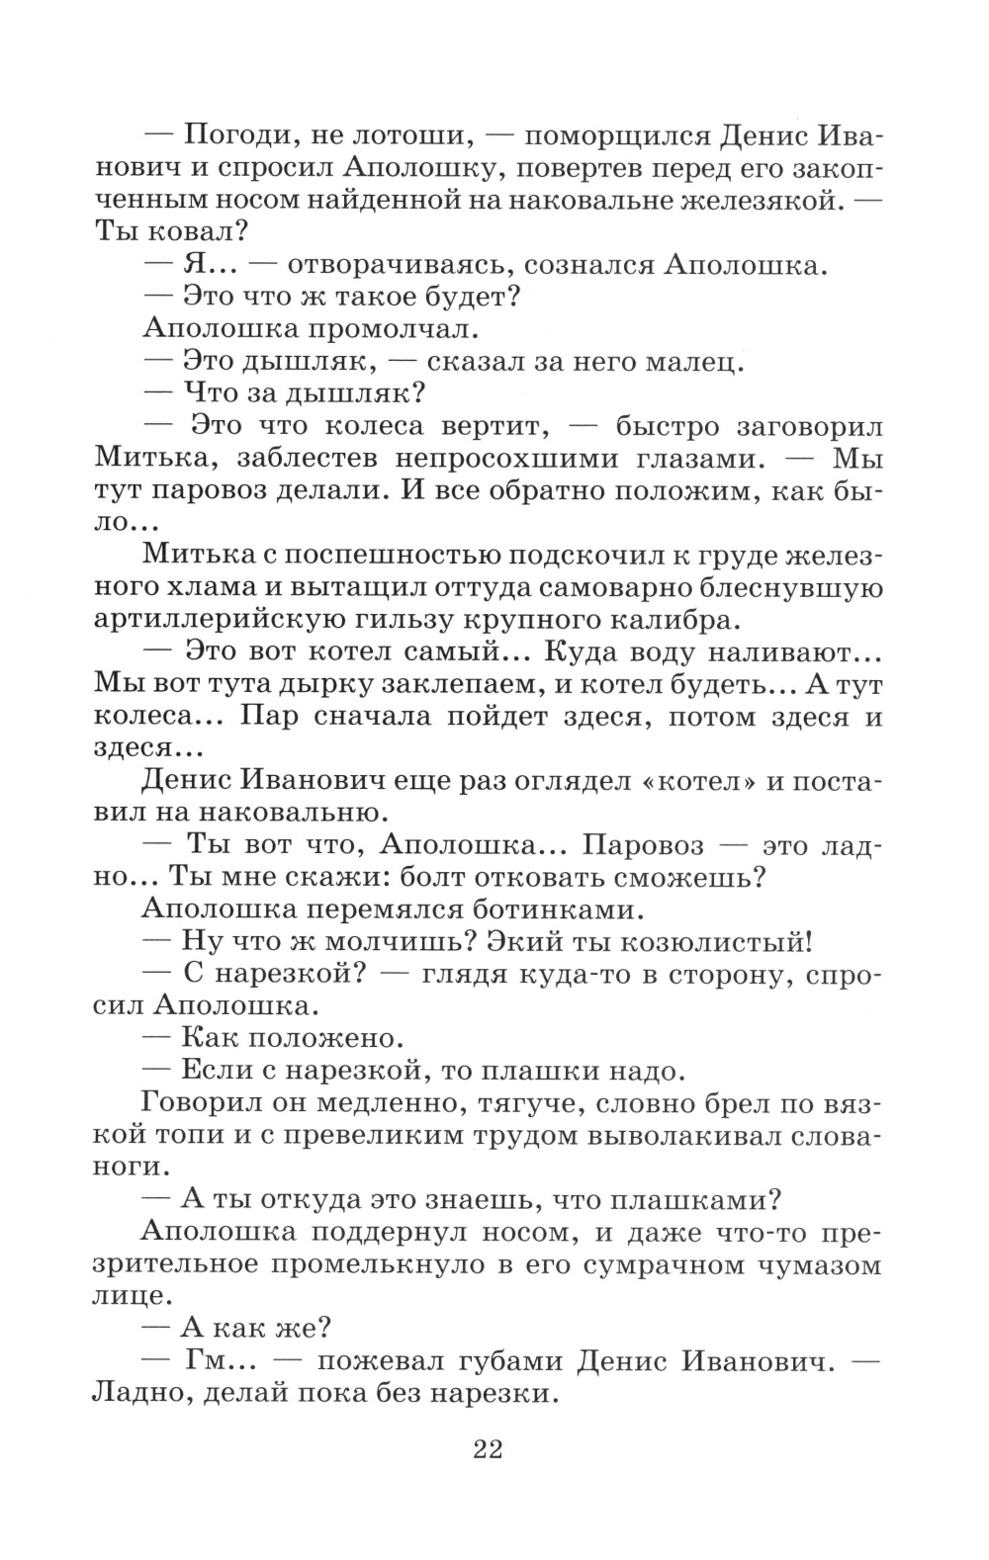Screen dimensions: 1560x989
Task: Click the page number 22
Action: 489,1449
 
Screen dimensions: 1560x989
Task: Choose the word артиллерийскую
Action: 249,621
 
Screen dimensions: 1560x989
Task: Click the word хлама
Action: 208,588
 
